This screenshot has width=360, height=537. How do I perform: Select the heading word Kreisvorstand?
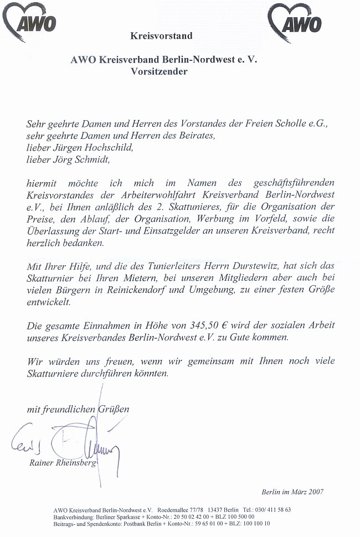pos(161,36)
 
